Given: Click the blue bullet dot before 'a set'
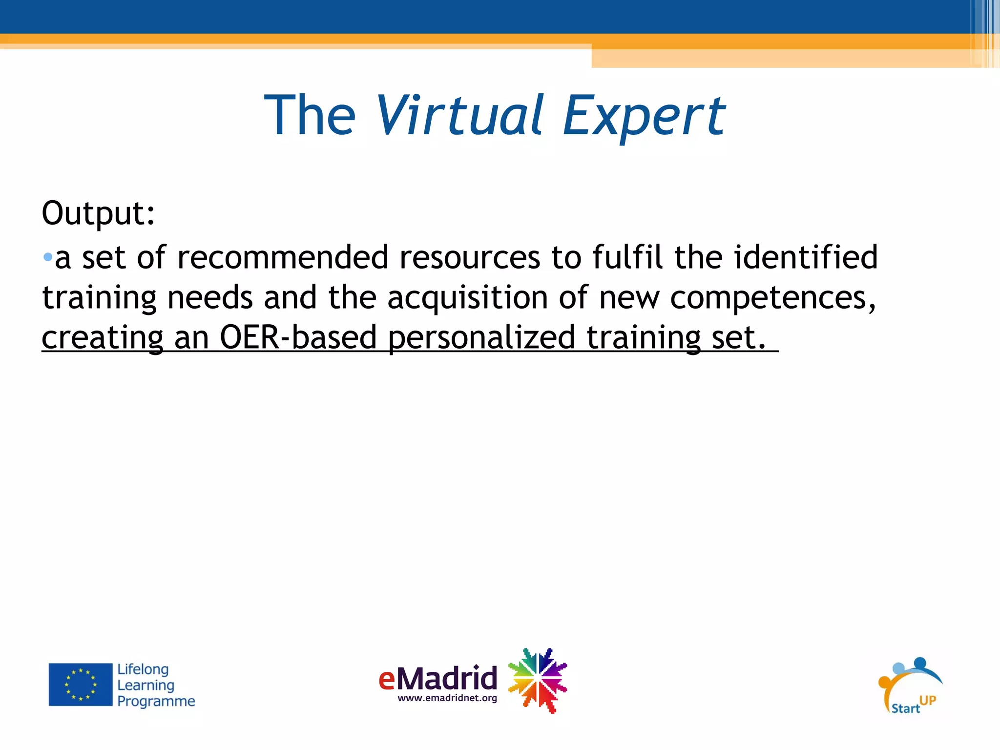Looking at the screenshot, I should [47, 257].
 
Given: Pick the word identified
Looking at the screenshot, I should [806, 257].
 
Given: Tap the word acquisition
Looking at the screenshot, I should [467, 298].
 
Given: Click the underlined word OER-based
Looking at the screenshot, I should [298, 337].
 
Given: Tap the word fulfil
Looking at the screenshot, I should [627, 257].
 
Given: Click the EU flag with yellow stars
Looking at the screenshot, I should [81, 684].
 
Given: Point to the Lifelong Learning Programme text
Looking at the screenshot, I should [156, 685].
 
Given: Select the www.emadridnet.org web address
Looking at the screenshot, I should [447, 698].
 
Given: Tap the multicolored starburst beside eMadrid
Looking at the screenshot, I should [538, 680].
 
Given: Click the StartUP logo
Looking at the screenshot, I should [910, 686].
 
